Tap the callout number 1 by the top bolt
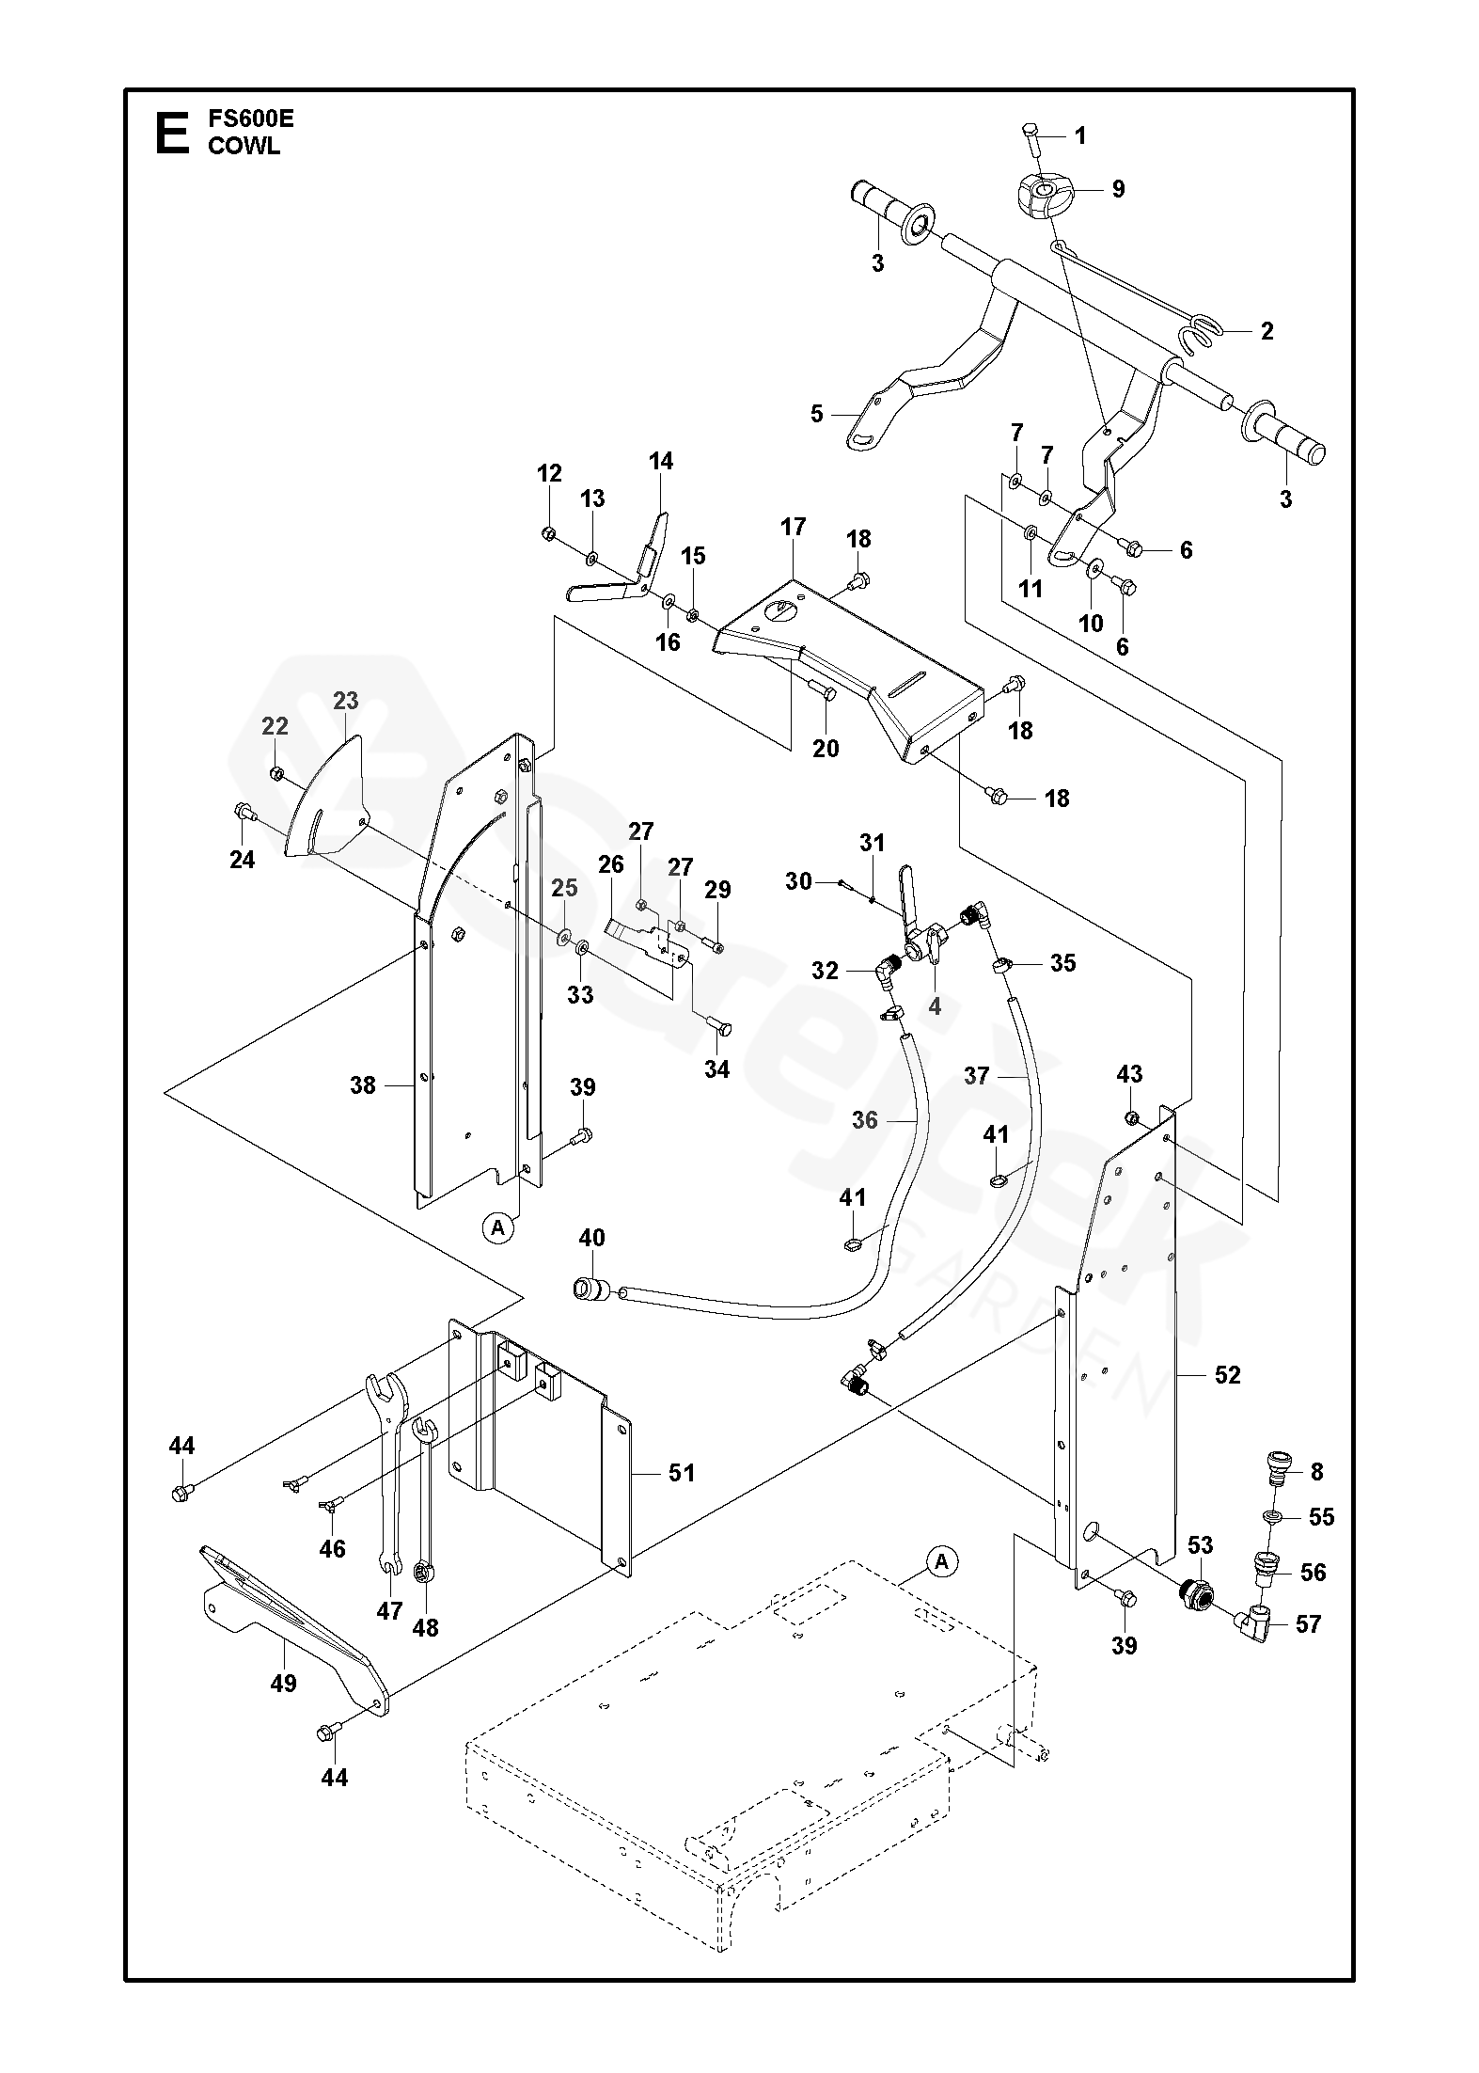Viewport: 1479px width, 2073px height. pos(1080,136)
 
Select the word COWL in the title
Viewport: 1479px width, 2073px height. pos(244,146)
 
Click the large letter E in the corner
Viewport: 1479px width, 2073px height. pos(170,133)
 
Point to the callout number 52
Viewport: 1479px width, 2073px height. pos(1228,1375)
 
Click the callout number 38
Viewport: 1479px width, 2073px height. pos(363,1085)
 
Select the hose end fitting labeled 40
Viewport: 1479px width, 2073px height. pos(590,1290)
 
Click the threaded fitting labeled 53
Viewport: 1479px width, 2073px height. pos(1194,1594)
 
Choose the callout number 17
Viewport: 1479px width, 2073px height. pos(794,527)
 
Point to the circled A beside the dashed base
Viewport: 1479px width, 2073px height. pos(941,1562)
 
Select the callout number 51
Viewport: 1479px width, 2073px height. pos(682,1472)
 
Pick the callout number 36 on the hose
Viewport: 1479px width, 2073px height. pos(864,1119)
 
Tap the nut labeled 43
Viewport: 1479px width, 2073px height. pos(1132,1117)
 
